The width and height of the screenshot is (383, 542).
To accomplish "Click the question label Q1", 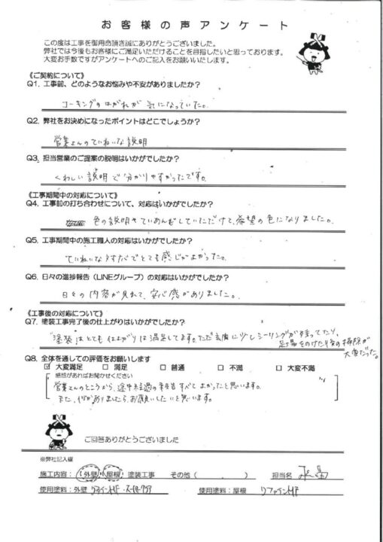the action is [x=33, y=85].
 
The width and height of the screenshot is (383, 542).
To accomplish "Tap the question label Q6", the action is [x=33, y=277].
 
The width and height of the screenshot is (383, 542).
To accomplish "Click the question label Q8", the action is [x=33, y=358].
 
